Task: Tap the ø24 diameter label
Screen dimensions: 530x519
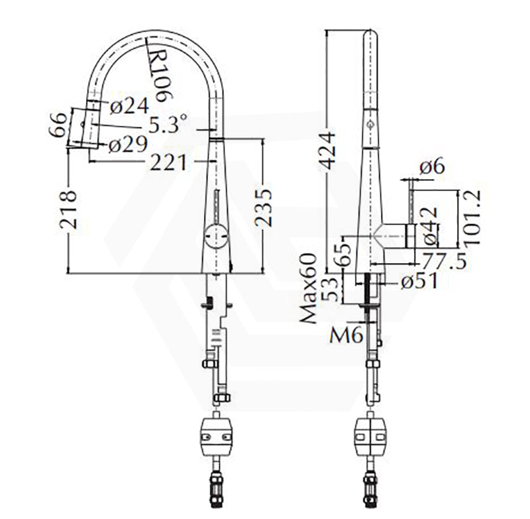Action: coord(129,105)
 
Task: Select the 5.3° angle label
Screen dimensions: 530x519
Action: coord(168,124)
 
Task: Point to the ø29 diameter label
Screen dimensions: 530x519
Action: coord(128,144)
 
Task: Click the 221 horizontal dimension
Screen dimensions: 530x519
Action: coord(168,162)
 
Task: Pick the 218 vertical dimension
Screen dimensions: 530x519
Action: coord(68,209)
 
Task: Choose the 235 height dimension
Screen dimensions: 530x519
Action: coord(263,207)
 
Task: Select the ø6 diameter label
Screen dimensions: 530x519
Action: coord(432,166)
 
